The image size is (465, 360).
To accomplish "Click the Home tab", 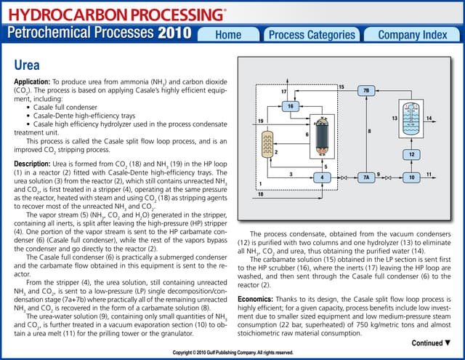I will (x=228, y=35).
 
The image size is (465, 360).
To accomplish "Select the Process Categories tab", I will (x=312, y=35).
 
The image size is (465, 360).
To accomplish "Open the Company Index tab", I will (x=413, y=35).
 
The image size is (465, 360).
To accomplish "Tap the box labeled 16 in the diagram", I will (x=290, y=106).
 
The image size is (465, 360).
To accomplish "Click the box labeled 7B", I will (x=365, y=91).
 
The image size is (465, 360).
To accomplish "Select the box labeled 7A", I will (x=366, y=177).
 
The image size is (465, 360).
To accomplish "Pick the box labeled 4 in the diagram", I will (x=322, y=177).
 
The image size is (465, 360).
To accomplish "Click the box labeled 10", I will (x=411, y=177).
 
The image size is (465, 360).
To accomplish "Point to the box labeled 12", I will (x=411, y=154).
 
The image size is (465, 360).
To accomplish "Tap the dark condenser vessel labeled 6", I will (x=319, y=135).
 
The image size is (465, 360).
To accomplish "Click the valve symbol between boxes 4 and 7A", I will (x=344, y=177).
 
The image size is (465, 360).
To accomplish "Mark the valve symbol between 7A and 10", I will (x=389, y=177).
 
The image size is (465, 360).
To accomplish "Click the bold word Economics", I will (x=258, y=298).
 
